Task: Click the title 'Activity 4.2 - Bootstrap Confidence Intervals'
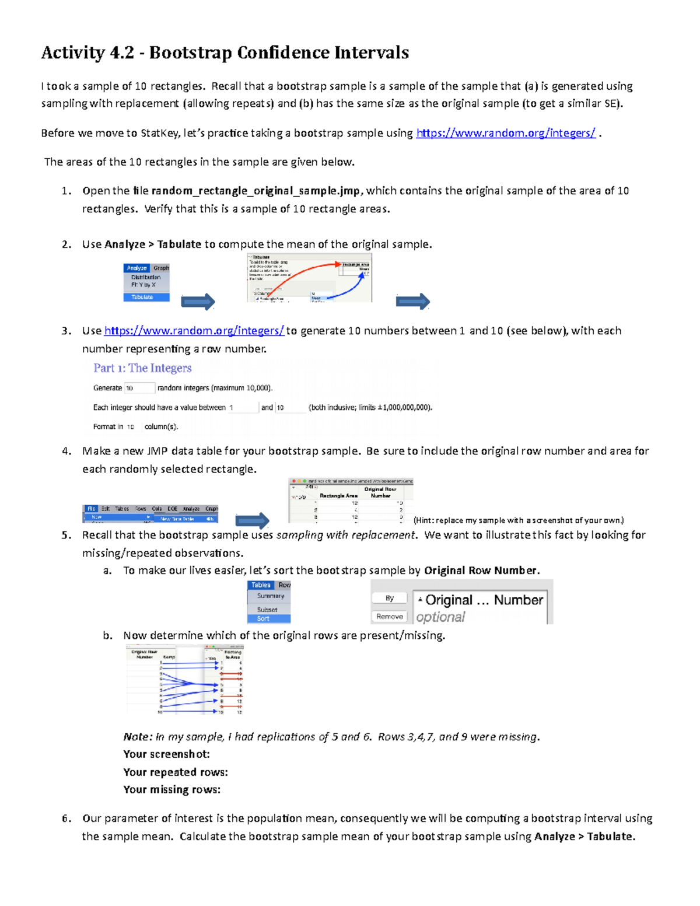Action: (x=225, y=53)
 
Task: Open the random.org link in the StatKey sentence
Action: (x=505, y=133)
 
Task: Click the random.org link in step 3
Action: (x=194, y=331)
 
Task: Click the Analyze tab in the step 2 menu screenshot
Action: (x=136, y=268)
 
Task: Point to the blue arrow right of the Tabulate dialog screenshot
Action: (x=412, y=302)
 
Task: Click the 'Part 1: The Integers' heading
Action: (x=142, y=368)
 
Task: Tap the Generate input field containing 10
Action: (x=139, y=388)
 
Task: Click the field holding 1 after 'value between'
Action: (x=243, y=408)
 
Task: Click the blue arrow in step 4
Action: (x=252, y=520)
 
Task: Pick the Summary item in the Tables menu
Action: (x=270, y=596)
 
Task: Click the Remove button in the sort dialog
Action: (x=389, y=617)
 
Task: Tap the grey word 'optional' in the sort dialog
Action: (x=440, y=617)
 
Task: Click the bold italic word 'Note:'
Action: (x=138, y=737)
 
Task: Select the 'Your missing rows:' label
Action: (x=171, y=790)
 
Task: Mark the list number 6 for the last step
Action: (x=66, y=818)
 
